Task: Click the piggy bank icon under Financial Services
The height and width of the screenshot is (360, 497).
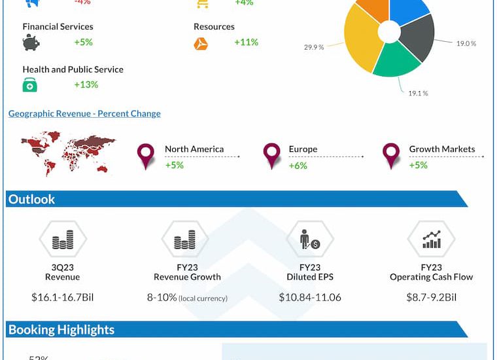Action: tap(31, 43)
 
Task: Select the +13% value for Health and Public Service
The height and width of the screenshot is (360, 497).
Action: tap(86, 84)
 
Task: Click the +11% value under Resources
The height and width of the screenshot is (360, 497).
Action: tap(246, 43)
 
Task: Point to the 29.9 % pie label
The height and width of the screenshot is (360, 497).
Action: tap(314, 47)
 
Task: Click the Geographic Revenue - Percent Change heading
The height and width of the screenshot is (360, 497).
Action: tap(84, 114)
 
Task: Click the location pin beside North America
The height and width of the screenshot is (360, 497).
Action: tap(145, 156)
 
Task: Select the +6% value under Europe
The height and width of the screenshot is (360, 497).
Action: tap(298, 166)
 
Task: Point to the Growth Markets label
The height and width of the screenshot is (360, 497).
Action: tap(442, 149)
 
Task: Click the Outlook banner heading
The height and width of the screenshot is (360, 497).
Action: tap(32, 200)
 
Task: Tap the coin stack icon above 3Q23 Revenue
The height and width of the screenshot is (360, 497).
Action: tap(63, 240)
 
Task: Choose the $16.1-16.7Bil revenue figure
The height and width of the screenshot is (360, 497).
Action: tap(63, 298)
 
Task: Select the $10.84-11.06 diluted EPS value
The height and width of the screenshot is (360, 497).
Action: tap(309, 298)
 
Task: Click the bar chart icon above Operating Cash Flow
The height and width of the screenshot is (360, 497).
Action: tap(431, 240)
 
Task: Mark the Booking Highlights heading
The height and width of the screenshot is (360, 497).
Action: tap(61, 330)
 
